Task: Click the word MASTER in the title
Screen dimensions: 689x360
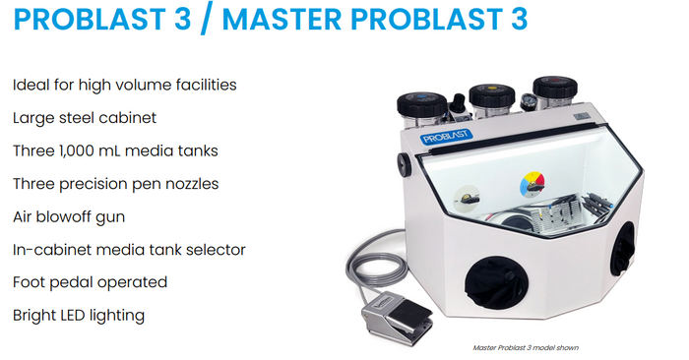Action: click(x=282, y=19)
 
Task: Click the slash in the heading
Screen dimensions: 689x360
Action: click(x=206, y=19)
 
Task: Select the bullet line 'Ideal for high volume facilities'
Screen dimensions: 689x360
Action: click(x=124, y=85)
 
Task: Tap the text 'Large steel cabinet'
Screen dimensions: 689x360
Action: click(x=85, y=118)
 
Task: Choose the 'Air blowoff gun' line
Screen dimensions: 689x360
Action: click(x=69, y=216)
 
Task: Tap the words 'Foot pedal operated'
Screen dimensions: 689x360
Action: click(x=91, y=282)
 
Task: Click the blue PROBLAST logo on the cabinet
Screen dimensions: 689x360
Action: click(x=446, y=136)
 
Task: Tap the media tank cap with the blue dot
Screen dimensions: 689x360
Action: click(x=422, y=104)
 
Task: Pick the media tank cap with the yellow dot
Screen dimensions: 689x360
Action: click(x=492, y=95)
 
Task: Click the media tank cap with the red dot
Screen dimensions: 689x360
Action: click(x=555, y=88)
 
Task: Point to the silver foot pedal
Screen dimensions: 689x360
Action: click(x=396, y=317)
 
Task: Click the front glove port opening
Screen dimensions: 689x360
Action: click(x=496, y=282)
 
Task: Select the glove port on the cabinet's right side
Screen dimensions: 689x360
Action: click(x=623, y=248)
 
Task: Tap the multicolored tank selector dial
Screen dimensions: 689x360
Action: click(x=532, y=184)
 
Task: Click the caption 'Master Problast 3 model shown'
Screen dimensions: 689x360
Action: click(x=526, y=348)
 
